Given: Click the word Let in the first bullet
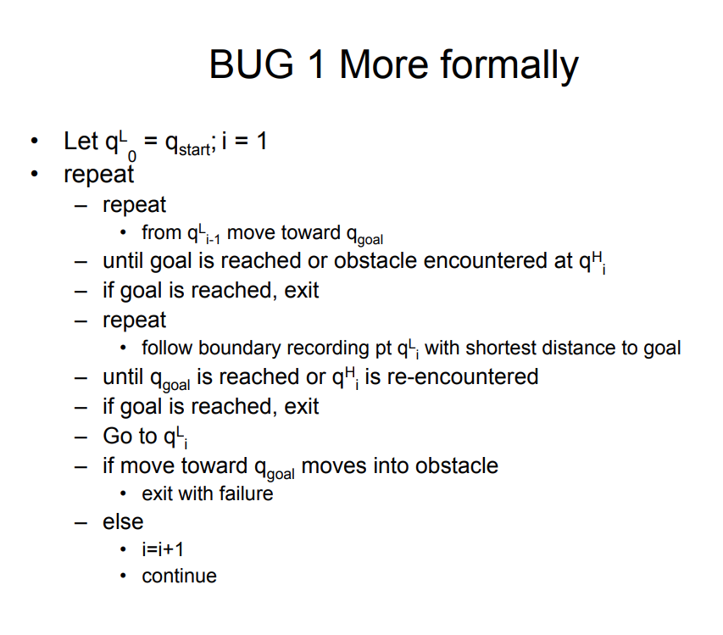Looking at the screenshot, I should click(x=81, y=141).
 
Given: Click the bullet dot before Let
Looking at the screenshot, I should click(x=34, y=142).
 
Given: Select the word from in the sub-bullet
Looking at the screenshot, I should click(x=161, y=233).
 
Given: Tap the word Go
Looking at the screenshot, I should click(x=118, y=436).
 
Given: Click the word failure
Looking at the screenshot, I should click(x=244, y=493).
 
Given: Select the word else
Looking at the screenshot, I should click(x=123, y=521).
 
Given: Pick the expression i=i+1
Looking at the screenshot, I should click(x=163, y=549).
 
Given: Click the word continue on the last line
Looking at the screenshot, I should click(x=179, y=577).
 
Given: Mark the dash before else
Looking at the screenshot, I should click(x=81, y=522).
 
